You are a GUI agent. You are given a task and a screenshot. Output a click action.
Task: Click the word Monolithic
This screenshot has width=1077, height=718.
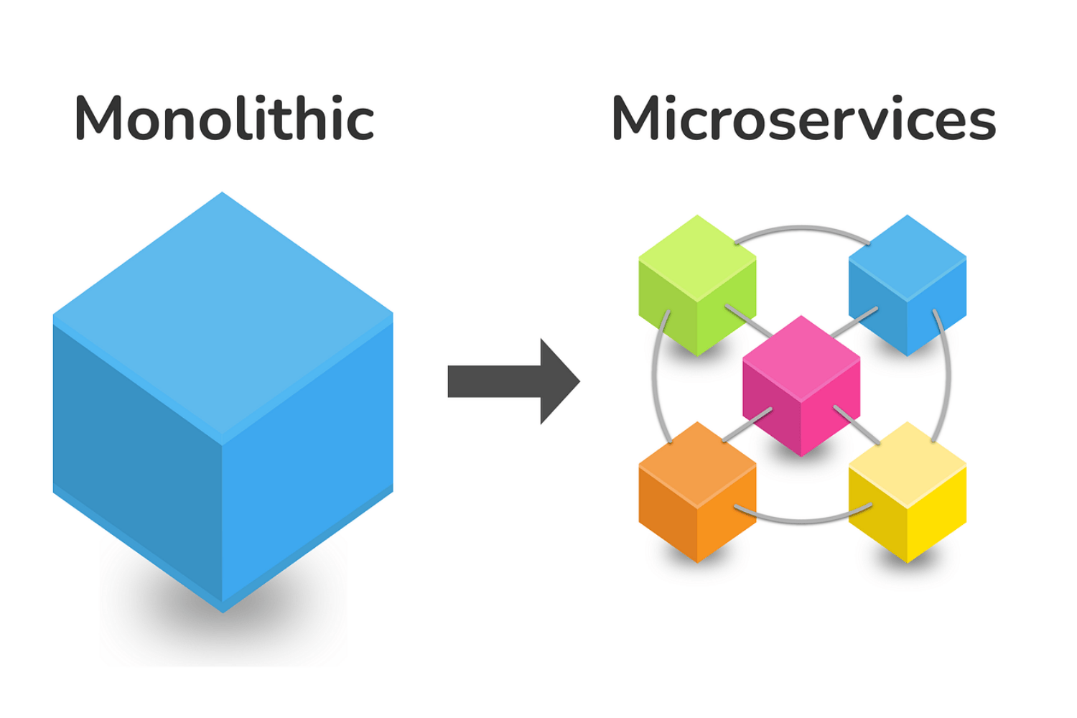point(224,118)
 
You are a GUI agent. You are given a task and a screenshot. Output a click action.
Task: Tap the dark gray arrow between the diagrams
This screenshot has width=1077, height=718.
point(503,381)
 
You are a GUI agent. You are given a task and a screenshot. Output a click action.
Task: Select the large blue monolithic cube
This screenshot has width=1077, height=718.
point(223,431)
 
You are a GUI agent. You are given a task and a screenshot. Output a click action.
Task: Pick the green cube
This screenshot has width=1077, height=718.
point(696,287)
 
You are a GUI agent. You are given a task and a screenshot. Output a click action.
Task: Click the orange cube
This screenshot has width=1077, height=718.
point(696,495)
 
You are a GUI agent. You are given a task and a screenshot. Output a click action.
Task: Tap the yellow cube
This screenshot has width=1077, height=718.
point(908,495)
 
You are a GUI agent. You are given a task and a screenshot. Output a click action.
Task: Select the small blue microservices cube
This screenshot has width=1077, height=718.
point(908,287)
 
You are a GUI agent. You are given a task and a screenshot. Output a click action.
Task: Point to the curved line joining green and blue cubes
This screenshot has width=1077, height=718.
point(802,229)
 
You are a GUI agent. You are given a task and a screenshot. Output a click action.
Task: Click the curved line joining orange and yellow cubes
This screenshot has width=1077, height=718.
point(802,518)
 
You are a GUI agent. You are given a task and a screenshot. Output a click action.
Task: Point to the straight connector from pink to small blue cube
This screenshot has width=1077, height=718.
point(854,322)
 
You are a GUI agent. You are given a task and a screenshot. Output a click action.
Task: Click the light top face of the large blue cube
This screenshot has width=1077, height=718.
point(223,316)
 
